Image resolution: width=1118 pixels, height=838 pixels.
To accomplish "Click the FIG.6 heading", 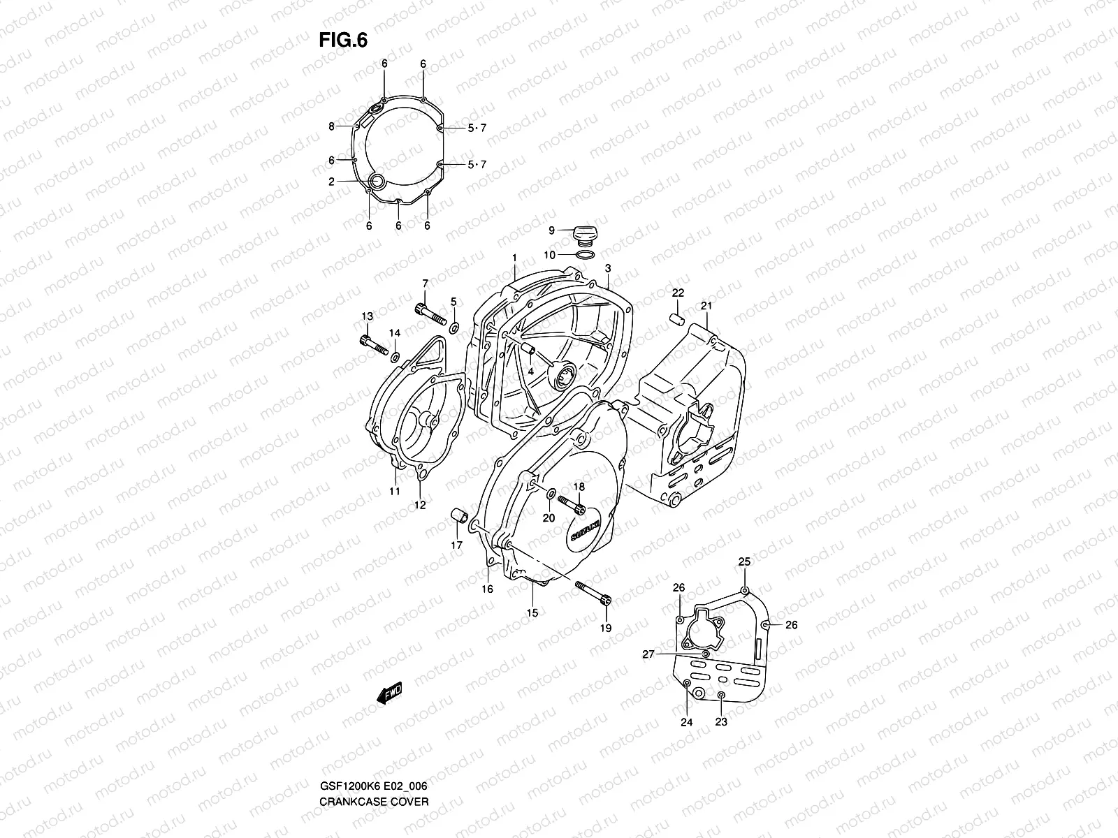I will [343, 41].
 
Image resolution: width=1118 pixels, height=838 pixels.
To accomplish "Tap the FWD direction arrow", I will [389, 693].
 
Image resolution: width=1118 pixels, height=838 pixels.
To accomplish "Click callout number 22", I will [678, 293].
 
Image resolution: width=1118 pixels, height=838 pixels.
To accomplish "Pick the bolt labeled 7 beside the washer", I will [430, 315].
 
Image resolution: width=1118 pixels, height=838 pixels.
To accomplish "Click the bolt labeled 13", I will [374, 345].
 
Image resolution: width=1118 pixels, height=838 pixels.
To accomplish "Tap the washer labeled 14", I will [395, 358].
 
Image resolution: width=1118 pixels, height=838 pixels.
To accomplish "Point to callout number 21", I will [706, 306].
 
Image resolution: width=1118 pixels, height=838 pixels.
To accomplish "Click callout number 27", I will [648, 654].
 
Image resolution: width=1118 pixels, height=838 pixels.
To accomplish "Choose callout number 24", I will [686, 722].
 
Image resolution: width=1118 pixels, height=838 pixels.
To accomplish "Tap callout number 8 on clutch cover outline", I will [351, 126].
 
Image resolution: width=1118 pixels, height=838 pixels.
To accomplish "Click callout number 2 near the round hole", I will [351, 181].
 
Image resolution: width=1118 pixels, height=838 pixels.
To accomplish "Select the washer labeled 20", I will [551, 496].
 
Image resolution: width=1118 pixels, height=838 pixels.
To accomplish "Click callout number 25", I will [744, 561].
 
